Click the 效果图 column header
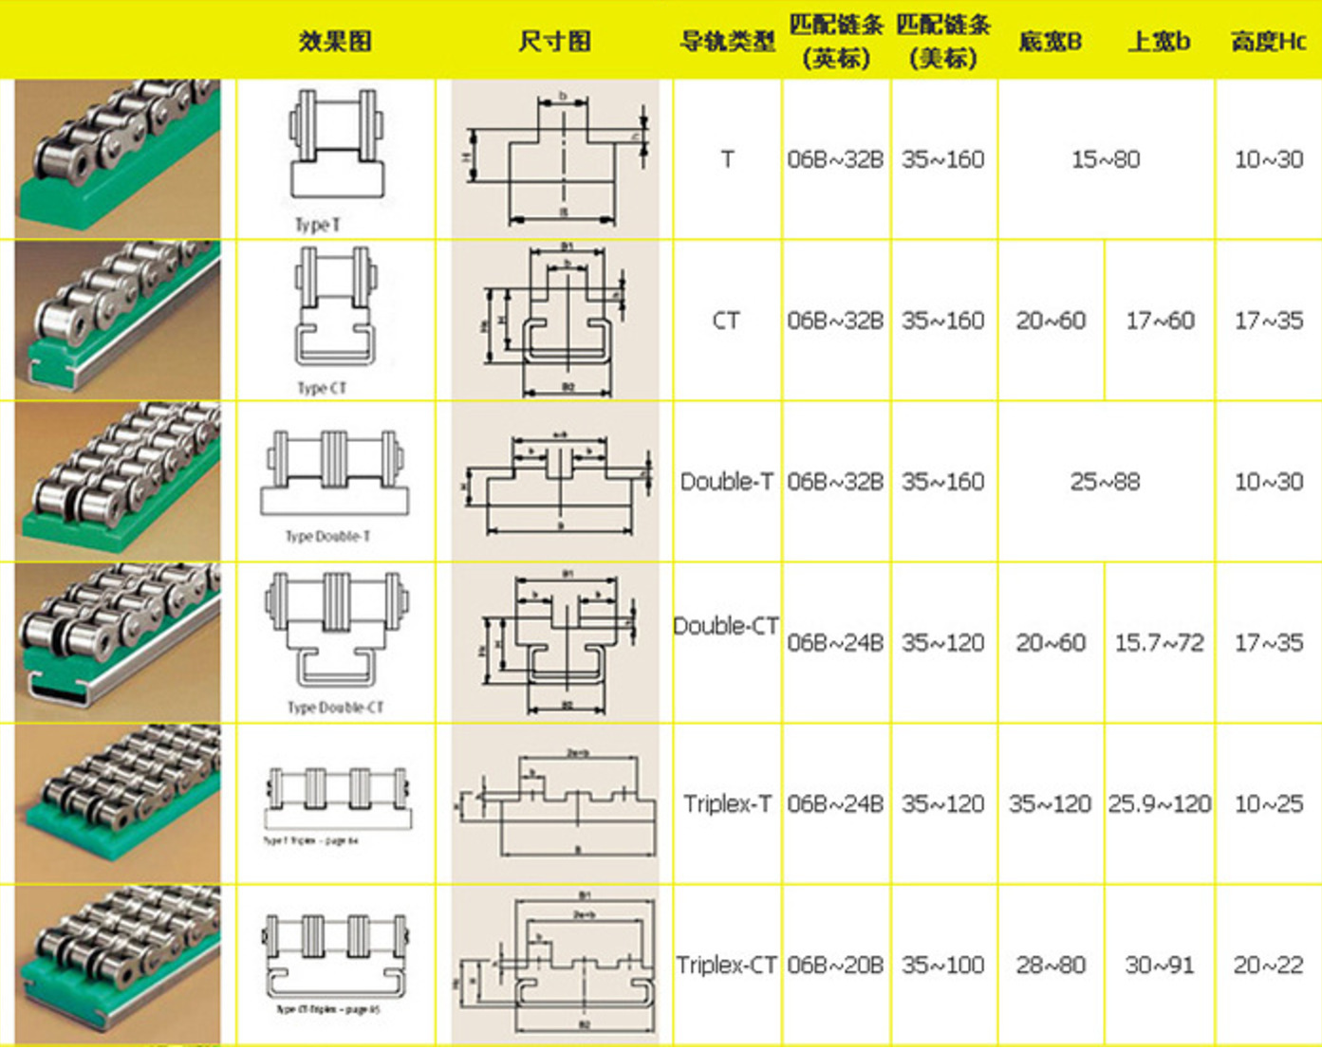tap(335, 41)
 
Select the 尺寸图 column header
tap(554, 41)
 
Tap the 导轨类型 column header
tap(727, 41)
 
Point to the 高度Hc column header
tap(1268, 41)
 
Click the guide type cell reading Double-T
tap(727, 482)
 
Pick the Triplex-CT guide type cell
tap(727, 966)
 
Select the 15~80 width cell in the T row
tap(1106, 159)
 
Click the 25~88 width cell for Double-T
tap(1106, 482)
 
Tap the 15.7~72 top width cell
tap(1159, 643)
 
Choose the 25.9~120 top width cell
tap(1159, 804)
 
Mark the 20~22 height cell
tap(1268, 966)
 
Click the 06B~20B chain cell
tap(835, 966)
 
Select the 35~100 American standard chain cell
tap(943, 966)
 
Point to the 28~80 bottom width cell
tap(1051, 966)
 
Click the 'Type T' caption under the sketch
tap(317, 225)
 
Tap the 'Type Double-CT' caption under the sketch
tap(335, 708)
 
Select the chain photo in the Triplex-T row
tap(119, 803)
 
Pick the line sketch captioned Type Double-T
tap(335, 474)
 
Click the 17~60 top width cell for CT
tap(1160, 321)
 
